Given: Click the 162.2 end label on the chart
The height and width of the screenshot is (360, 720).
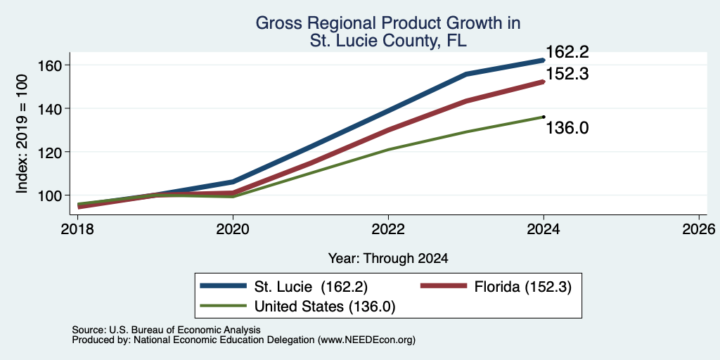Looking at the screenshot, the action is pyautogui.click(x=567, y=52).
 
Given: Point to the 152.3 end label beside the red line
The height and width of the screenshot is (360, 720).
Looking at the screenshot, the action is pyautogui.click(x=567, y=74).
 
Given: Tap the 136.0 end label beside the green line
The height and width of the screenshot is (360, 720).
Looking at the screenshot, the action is pyautogui.click(x=567, y=128).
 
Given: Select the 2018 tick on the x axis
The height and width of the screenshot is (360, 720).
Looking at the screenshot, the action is pyautogui.click(x=78, y=229).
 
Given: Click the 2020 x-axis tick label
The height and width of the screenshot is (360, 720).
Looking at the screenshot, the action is pyautogui.click(x=233, y=229).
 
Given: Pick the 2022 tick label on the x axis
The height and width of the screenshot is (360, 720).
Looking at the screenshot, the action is pyautogui.click(x=388, y=229).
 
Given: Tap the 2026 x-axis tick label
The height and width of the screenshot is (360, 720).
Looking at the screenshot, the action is pyautogui.click(x=699, y=229).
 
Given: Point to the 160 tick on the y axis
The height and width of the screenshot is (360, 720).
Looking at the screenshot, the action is pyautogui.click(x=50, y=65).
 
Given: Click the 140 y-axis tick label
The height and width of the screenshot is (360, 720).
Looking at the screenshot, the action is pyautogui.click(x=50, y=109).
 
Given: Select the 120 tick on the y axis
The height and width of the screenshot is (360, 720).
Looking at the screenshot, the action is pyautogui.click(x=50, y=152).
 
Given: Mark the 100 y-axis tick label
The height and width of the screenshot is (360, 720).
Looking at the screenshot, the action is pyautogui.click(x=50, y=195).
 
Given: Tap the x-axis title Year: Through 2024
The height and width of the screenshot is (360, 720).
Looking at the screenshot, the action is pyautogui.click(x=388, y=259).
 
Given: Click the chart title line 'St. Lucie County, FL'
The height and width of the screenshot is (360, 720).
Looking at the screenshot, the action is pyautogui.click(x=388, y=40).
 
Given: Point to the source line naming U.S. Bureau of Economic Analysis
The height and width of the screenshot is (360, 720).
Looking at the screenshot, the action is pyautogui.click(x=166, y=330).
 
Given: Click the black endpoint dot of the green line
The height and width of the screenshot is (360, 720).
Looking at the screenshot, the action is pyautogui.click(x=544, y=117).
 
